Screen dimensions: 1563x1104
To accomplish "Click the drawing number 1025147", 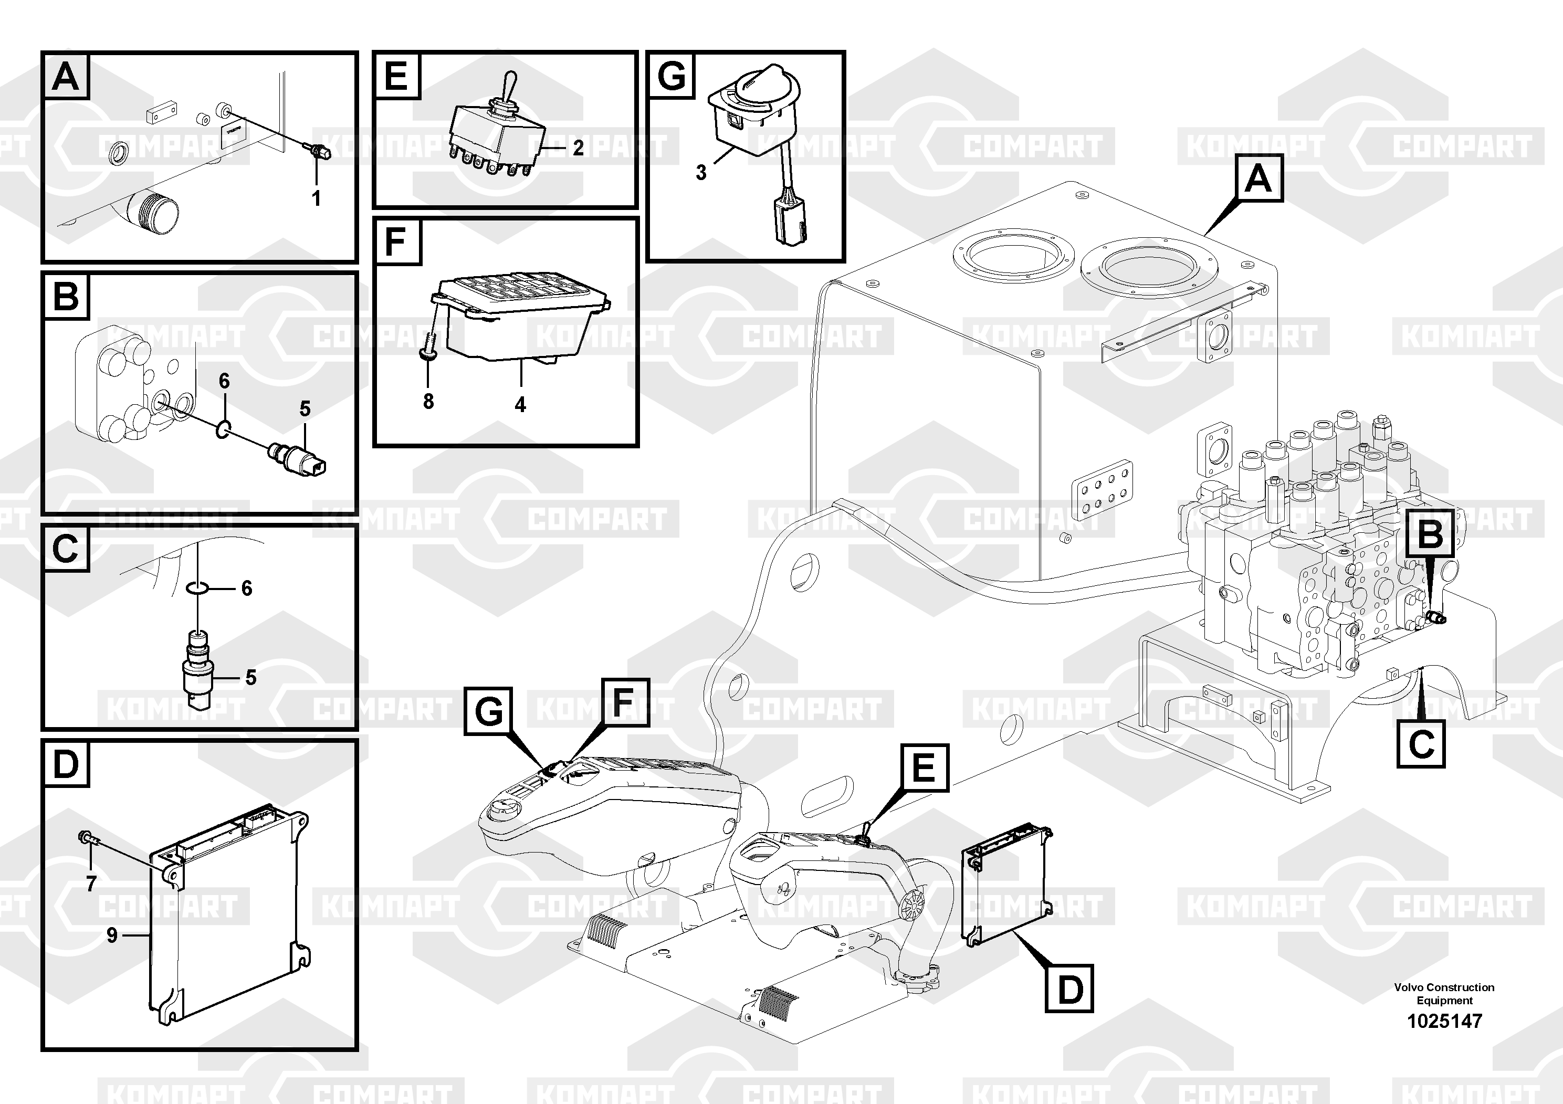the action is (x=1444, y=1021).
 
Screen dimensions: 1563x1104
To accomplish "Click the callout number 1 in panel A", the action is (x=316, y=199).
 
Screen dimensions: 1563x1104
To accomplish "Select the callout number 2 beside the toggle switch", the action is (x=578, y=148).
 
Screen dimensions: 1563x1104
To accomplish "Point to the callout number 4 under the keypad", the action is (x=520, y=405).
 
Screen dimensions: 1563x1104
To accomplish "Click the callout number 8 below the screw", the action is (x=428, y=402).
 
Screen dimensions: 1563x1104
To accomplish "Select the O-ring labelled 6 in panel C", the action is (x=197, y=587).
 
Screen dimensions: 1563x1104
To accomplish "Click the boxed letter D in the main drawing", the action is (x=1069, y=989).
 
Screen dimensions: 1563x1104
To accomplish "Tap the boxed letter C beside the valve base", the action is (x=1421, y=744).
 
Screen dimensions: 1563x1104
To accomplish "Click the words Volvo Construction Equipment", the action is (x=1444, y=994).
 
